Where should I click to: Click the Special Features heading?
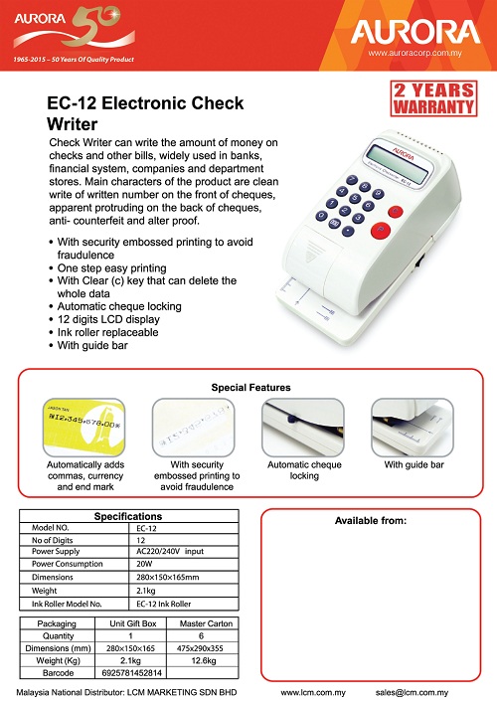249,387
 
